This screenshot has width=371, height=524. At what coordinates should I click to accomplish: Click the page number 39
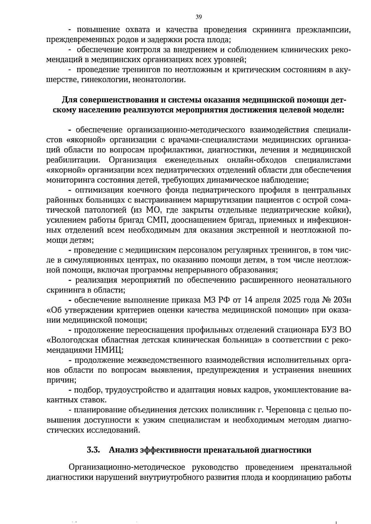[x=198, y=17]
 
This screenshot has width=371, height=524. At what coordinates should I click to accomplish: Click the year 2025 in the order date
[x=285, y=300]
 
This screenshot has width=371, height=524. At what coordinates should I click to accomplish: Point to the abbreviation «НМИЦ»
[x=110, y=350]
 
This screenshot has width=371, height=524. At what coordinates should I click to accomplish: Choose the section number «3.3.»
[x=93, y=450]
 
